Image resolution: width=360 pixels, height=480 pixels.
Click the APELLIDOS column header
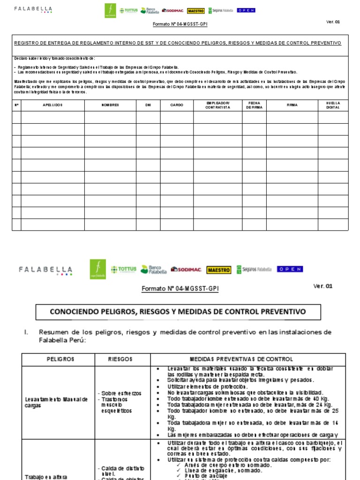(x=52, y=105)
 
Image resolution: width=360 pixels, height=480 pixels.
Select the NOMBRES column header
(x=110, y=105)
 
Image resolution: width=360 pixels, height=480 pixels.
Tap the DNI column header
(x=148, y=105)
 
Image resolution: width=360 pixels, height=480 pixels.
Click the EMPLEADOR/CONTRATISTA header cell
(x=217, y=105)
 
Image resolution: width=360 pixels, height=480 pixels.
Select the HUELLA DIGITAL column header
(x=333, y=105)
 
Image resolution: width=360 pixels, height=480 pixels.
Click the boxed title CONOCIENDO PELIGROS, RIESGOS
(x=178, y=312)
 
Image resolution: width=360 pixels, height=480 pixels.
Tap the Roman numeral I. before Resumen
(x=26, y=332)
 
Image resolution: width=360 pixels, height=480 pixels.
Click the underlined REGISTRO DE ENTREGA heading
(x=178, y=43)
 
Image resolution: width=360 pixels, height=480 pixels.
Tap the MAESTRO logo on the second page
(x=218, y=270)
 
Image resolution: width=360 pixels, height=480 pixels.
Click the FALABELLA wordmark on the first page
(x=33, y=9)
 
